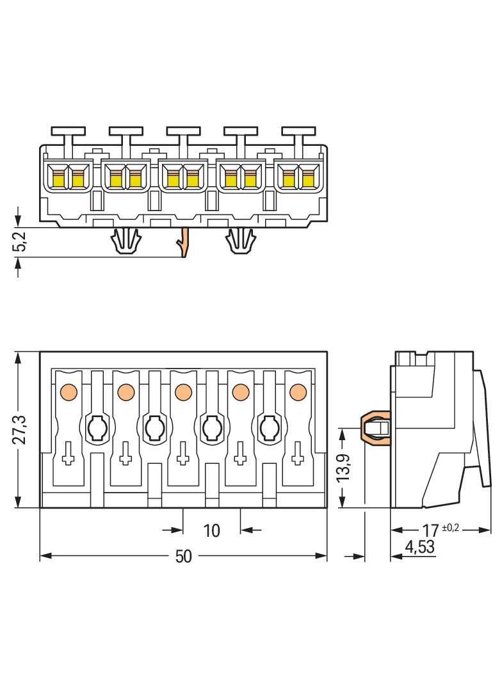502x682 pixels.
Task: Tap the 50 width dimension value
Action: pos(184,557)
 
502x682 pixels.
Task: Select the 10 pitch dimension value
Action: pos(212,530)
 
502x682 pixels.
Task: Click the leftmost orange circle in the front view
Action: pos(68,390)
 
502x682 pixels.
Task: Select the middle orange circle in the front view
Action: pos(182,390)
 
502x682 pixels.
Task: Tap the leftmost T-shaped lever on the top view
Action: pos(69,133)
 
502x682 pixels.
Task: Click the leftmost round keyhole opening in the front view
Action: pos(97,427)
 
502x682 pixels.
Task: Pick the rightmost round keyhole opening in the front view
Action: pos(268,427)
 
